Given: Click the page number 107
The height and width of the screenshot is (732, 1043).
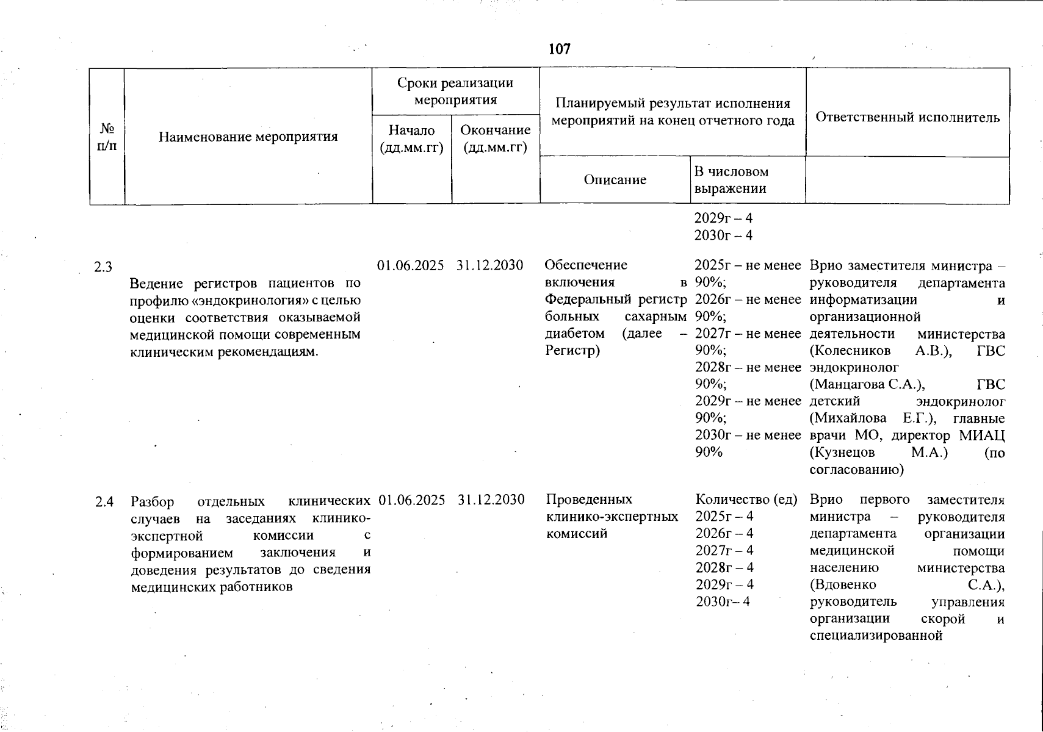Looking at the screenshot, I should (560, 49).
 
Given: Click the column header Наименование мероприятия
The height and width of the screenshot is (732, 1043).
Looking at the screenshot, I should (248, 137).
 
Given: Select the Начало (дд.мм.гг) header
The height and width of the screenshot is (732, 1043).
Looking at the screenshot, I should (411, 139).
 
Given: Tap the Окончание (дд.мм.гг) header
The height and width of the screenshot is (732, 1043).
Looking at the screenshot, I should (495, 139).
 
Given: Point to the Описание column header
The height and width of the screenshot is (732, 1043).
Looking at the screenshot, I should (615, 180).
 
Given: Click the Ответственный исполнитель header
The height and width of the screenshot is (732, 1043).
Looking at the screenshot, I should (907, 118).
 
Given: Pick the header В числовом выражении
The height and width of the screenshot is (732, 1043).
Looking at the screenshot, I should (731, 180).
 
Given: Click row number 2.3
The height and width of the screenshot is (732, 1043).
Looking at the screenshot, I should (103, 267).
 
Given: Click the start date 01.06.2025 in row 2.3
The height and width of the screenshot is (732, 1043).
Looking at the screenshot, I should (411, 265).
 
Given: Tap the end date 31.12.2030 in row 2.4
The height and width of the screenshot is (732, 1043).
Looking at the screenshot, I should (491, 500).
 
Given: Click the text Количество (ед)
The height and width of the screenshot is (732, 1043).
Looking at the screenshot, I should (746, 500).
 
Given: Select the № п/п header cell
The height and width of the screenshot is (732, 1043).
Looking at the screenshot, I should (107, 137).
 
